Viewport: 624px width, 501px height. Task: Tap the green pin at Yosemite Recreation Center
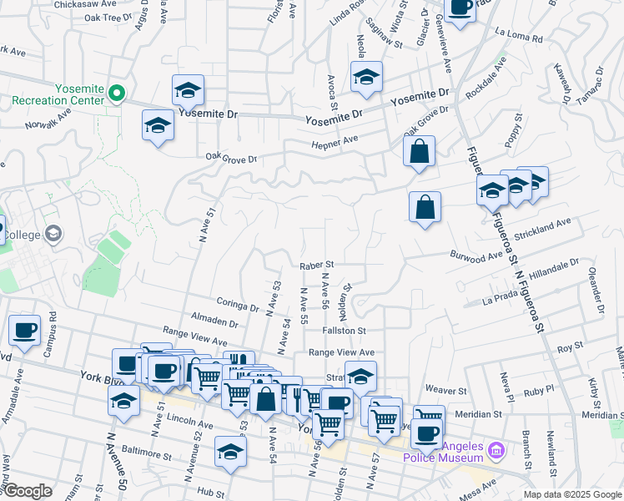click(118, 94)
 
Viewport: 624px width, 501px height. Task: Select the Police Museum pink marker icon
click(496, 451)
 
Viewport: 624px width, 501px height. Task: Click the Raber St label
click(317, 265)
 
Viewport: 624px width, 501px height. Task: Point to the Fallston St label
click(345, 331)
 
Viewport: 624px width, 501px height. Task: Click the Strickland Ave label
click(542, 229)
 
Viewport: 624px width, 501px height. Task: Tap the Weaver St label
click(445, 390)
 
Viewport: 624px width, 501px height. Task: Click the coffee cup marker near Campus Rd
click(24, 330)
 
